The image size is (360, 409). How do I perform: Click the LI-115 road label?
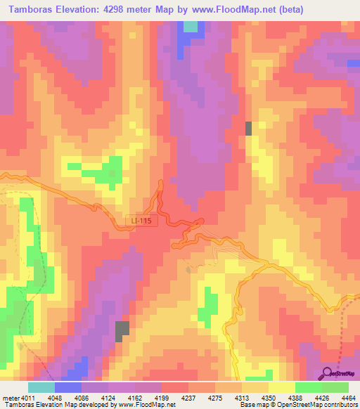click(x=141, y=221)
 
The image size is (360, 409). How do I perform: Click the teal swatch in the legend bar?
click(x=41, y=387)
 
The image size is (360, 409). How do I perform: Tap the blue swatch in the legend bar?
click(x=68, y=387)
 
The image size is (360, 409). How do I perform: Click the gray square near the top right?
click(x=248, y=128)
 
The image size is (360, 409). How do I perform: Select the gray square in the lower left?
click(x=123, y=330)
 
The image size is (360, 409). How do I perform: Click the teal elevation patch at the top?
click(x=191, y=27)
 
